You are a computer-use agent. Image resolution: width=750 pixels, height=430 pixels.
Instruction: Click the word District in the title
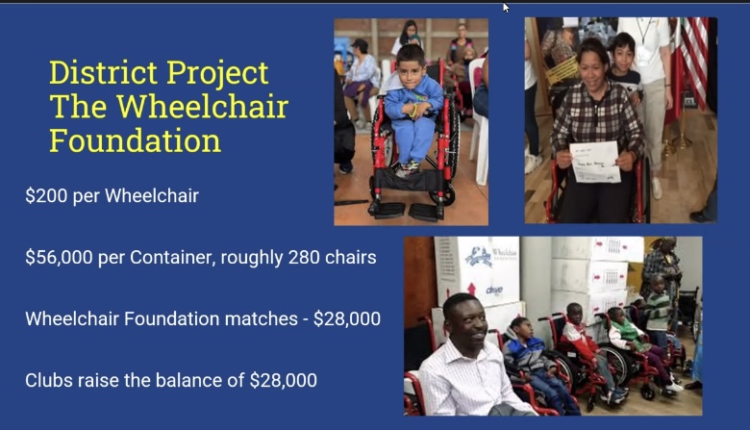click(x=103, y=73)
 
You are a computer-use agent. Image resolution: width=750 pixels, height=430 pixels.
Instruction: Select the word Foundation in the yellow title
click(x=135, y=140)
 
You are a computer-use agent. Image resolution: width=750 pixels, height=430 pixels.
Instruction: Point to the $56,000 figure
click(x=59, y=258)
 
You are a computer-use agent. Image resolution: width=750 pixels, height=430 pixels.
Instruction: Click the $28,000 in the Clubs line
click(x=283, y=381)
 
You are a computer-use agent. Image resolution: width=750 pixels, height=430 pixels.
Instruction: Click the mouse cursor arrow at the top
click(x=506, y=8)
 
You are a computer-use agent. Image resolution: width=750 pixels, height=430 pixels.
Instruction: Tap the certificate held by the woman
click(x=595, y=162)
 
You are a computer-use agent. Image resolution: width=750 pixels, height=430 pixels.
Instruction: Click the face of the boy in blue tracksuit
click(x=410, y=69)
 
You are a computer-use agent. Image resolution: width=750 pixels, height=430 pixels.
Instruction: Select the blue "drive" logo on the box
click(x=494, y=290)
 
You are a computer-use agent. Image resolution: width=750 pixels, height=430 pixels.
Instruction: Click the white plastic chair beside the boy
click(x=479, y=119)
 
